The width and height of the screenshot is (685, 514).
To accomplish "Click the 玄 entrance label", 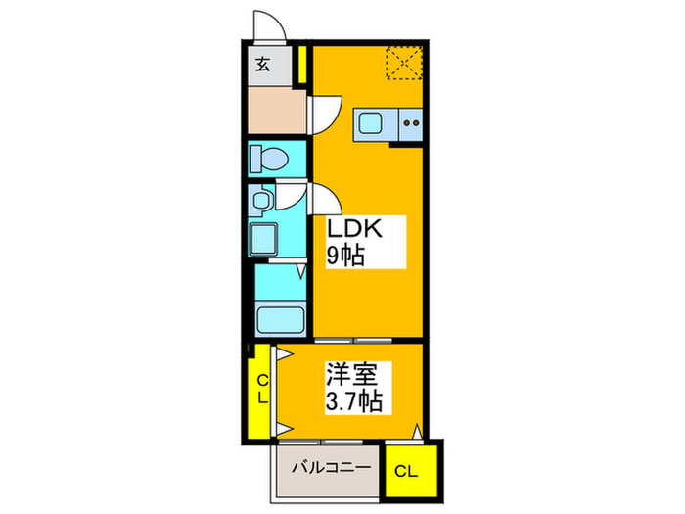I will pos(264,67).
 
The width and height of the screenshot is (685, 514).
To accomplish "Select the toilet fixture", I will pos(265,158).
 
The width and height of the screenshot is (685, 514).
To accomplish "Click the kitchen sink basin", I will pos(372,125).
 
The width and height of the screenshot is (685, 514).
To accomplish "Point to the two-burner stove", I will pos(411,125).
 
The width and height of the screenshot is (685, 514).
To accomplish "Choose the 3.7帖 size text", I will pos(353,400).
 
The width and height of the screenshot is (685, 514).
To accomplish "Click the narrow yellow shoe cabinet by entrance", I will pos(303,68).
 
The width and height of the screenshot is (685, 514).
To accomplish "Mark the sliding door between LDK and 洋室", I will pos(352,340).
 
